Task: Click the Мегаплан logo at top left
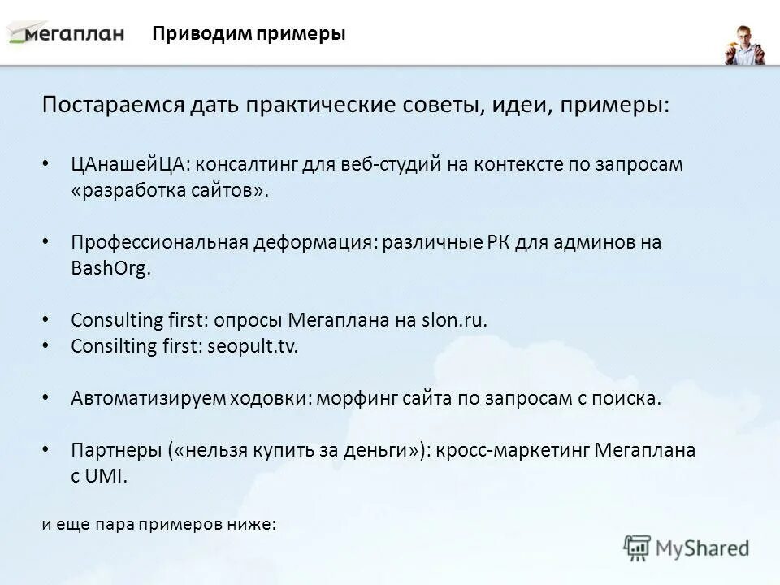67,33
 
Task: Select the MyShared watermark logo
687,547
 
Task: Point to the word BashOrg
110,269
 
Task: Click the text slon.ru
455,319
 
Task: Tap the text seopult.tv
253,345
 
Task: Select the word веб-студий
379,163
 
